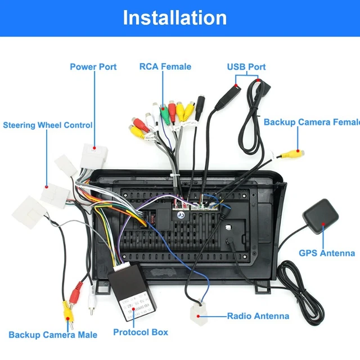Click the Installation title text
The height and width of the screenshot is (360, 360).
coord(174,17)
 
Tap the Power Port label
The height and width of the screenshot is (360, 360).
coord(93,66)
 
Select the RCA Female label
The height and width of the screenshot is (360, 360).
coord(165,66)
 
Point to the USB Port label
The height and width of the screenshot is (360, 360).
coord(246,66)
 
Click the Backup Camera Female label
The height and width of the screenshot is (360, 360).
coord(311,122)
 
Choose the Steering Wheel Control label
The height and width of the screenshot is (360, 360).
coord(48,125)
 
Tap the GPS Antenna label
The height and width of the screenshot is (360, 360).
coord(327,253)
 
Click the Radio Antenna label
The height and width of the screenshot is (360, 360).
coord(258,316)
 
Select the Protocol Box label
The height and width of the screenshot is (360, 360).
coord(141,332)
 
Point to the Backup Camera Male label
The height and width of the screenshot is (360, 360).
coord(53,335)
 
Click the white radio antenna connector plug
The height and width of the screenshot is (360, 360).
coord(199,313)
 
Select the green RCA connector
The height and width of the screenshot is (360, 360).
coord(164,112)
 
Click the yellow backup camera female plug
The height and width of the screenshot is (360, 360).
coord(293,152)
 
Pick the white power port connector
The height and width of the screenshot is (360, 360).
coord(93,154)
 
